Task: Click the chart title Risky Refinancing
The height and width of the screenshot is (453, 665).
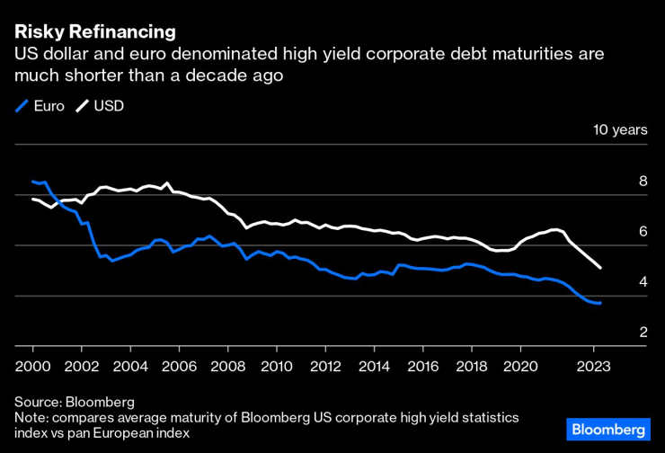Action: [94, 32]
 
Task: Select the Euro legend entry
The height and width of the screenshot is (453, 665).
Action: [41, 106]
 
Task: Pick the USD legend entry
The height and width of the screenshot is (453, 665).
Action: [101, 106]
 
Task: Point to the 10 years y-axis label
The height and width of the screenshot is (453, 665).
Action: [619, 129]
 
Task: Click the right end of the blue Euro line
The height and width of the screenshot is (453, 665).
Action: [600, 303]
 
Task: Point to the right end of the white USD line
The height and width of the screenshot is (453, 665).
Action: [600, 268]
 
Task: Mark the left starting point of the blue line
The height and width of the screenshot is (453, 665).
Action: [32, 182]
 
